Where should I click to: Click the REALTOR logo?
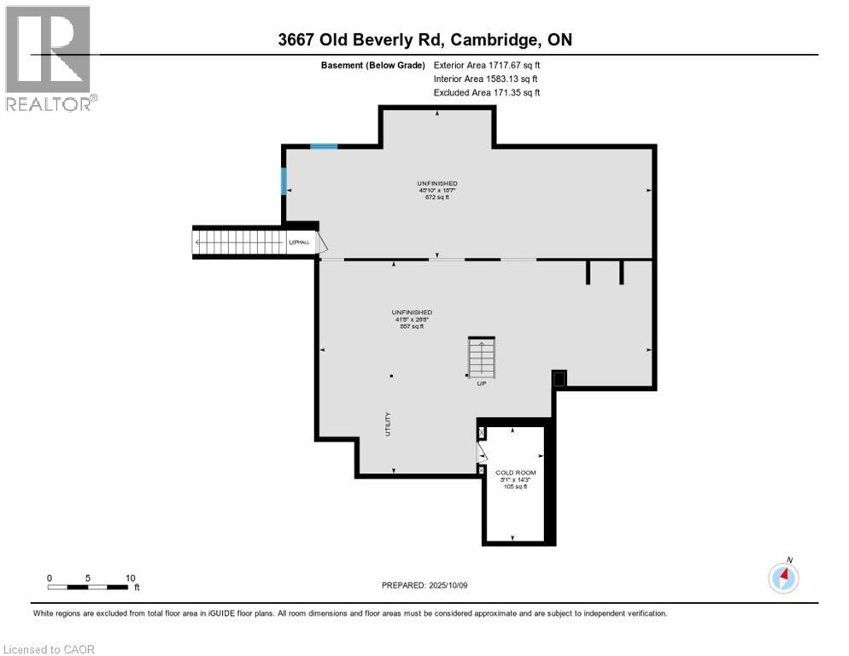click(x=48, y=58)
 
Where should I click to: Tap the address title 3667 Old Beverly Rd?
click(x=424, y=39)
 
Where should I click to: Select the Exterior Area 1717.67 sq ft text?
click(x=487, y=65)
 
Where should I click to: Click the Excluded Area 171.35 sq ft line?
click(x=487, y=92)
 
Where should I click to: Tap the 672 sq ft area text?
click(x=436, y=197)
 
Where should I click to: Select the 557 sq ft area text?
click(x=412, y=326)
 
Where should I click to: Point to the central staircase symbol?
click(x=482, y=359)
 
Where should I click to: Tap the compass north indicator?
click(x=783, y=577)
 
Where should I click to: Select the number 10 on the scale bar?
click(x=130, y=577)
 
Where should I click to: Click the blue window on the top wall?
click(x=324, y=147)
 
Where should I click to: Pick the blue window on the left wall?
click(x=284, y=181)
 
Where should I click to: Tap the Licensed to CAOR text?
click(x=50, y=649)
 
